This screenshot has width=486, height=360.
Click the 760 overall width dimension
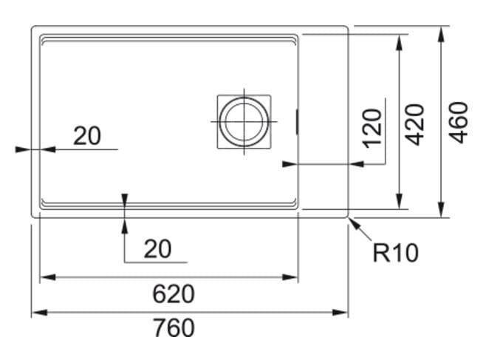pyautogui.click(x=174, y=328)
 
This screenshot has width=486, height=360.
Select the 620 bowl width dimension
pyautogui.click(x=174, y=294)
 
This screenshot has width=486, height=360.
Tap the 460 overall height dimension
pyautogui.click(x=459, y=123)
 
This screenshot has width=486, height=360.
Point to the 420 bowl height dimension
pyautogui.click(x=415, y=125)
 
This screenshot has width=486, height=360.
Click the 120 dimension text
pyautogui.click(x=372, y=129)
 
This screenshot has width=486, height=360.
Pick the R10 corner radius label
pyautogui.click(x=396, y=253)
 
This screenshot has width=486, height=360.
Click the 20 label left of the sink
pyautogui.click(x=87, y=136)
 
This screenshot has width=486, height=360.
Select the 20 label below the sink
pyautogui.click(x=157, y=249)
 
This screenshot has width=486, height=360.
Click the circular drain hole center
pyautogui.click(x=244, y=121)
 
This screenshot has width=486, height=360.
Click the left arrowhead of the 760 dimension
pyautogui.click(x=39, y=312)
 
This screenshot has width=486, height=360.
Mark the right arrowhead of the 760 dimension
pyautogui.click(x=340, y=312)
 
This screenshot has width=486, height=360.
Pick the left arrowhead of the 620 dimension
pyautogui.click(x=48, y=277)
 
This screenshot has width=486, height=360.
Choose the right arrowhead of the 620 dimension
pyautogui.click(x=290, y=277)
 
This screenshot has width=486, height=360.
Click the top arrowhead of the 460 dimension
pyautogui.click(x=441, y=35)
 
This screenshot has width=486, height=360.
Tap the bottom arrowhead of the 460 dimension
pyautogui.click(x=441, y=210)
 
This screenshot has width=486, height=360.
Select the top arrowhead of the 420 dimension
pyautogui.click(x=399, y=42)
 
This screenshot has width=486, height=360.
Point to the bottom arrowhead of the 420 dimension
pyautogui.click(x=399, y=201)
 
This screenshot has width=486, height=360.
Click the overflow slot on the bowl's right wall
pyautogui.click(x=298, y=121)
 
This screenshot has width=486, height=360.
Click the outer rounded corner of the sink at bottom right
pyautogui.click(x=347, y=217)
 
